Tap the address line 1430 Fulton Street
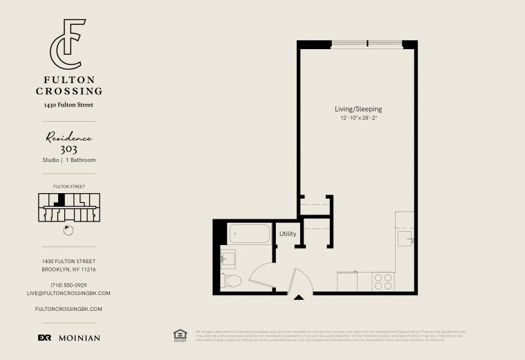click(68, 105)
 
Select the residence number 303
click(69, 148)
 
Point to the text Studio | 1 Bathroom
click(68, 160)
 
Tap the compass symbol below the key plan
click(67, 231)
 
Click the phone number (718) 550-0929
click(68, 285)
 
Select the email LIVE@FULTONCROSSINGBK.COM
click(68, 294)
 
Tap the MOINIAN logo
click(79, 338)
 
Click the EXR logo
click(44, 338)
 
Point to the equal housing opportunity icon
click(181, 335)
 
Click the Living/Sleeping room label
click(358, 109)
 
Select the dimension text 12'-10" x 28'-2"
click(358, 118)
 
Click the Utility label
click(288, 234)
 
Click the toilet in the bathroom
click(232, 280)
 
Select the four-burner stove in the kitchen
click(383, 281)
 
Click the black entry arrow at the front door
click(299, 298)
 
